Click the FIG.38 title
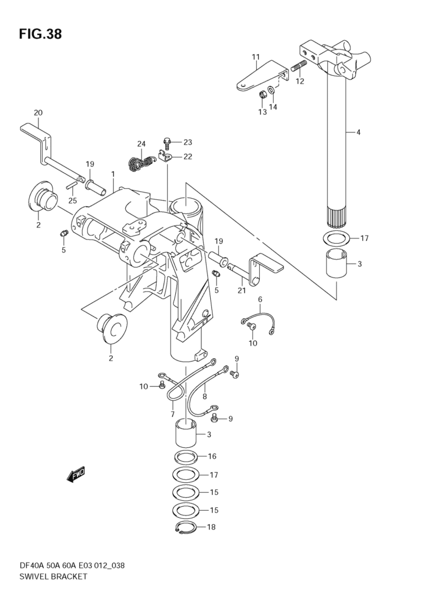[40, 34]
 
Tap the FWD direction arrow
[76, 475]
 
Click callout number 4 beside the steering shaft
[359, 132]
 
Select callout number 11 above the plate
[256, 57]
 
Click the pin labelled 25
[72, 185]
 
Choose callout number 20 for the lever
[38, 113]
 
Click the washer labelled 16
[185, 456]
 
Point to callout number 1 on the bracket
[112, 174]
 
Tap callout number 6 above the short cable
[260, 299]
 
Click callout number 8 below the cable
[204, 396]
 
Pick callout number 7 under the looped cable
[173, 414]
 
